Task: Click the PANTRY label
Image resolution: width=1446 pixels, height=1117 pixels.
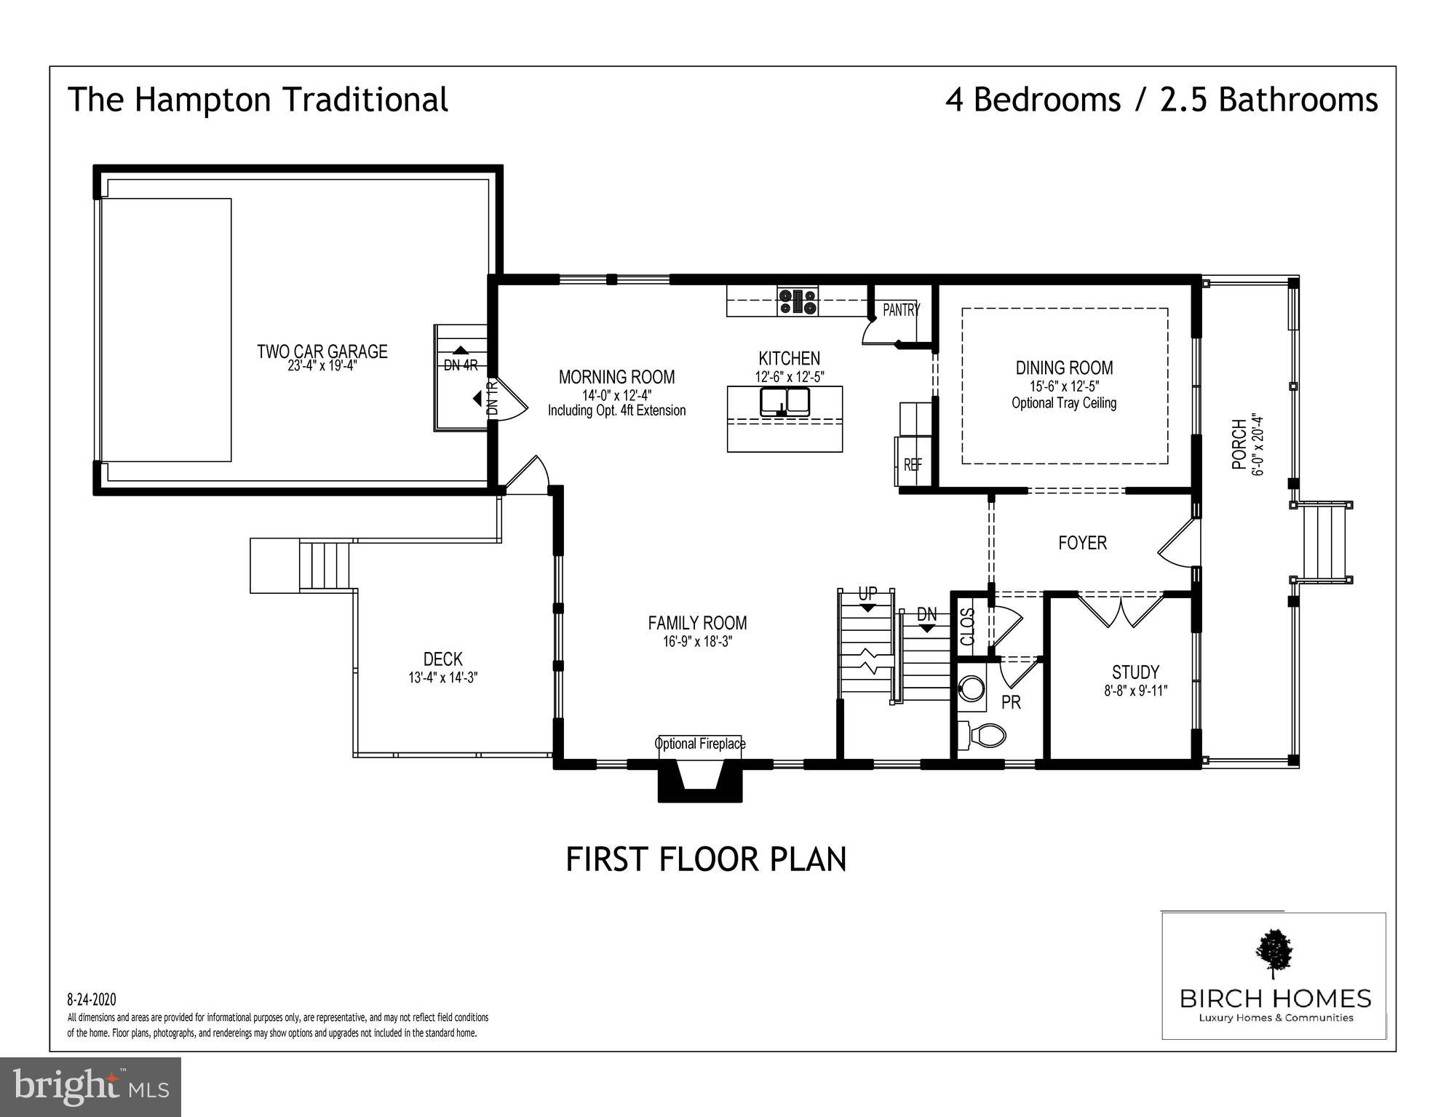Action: pyautogui.click(x=901, y=310)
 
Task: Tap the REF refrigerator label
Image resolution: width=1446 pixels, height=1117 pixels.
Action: pyautogui.click(x=913, y=464)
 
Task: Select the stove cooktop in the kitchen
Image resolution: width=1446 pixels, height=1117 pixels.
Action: pyautogui.click(x=798, y=301)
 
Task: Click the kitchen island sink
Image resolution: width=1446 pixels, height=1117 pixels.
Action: pyautogui.click(x=785, y=402)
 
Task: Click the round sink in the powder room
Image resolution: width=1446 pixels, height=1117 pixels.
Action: pyautogui.click(x=973, y=687)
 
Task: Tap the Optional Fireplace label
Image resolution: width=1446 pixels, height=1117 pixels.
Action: pyautogui.click(x=700, y=744)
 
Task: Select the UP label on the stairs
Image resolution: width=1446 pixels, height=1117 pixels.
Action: pyautogui.click(x=867, y=594)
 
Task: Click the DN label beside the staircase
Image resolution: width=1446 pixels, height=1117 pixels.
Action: pyautogui.click(x=927, y=614)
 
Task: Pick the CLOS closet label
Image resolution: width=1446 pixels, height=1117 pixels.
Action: pyautogui.click(x=968, y=627)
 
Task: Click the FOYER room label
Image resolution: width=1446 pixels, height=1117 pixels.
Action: pyautogui.click(x=1082, y=543)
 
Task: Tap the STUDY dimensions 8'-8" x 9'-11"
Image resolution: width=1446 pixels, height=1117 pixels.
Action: pyautogui.click(x=1135, y=691)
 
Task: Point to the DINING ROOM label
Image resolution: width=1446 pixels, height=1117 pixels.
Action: pyautogui.click(x=1064, y=368)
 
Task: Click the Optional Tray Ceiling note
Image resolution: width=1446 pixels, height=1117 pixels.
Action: pyautogui.click(x=1064, y=403)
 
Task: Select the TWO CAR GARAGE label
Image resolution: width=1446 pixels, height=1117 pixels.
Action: pyautogui.click(x=322, y=351)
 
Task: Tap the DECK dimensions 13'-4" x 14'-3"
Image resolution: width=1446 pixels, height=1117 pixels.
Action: pyautogui.click(x=442, y=677)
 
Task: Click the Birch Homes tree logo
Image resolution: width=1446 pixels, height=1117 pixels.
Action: pyautogui.click(x=1274, y=954)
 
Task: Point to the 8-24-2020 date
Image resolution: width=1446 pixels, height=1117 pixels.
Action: pyautogui.click(x=92, y=1000)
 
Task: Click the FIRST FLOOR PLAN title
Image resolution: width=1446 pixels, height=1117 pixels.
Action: pyautogui.click(x=706, y=859)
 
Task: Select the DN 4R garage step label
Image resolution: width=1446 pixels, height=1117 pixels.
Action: pyautogui.click(x=461, y=365)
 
